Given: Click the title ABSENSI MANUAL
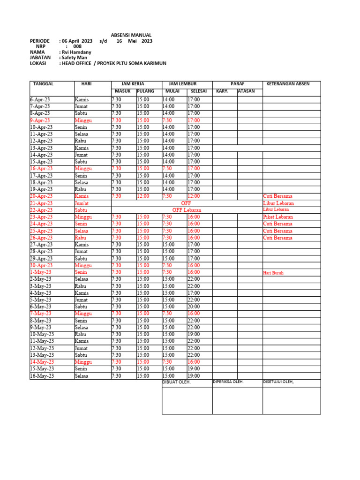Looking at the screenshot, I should (131, 35).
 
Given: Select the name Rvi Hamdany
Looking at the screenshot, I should (76, 52).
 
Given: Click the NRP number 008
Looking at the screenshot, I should (77, 46).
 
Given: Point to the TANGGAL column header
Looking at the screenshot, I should (44, 84).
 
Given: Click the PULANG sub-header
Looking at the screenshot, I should (146, 91).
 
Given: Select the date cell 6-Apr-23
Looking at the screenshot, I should (41, 100).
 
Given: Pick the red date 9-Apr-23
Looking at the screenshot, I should (41, 120).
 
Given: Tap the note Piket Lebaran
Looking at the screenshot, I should (278, 217).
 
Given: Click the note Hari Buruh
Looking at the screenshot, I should (274, 272).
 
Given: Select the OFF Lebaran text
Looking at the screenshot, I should (187, 210).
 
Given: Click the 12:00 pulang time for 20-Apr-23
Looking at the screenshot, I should (143, 196).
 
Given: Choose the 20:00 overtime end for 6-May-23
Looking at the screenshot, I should (194, 307).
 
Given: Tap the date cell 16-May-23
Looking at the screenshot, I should (42, 376).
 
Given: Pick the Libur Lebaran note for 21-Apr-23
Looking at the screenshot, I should (278, 203).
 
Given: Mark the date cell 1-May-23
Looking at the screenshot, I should (41, 272).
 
